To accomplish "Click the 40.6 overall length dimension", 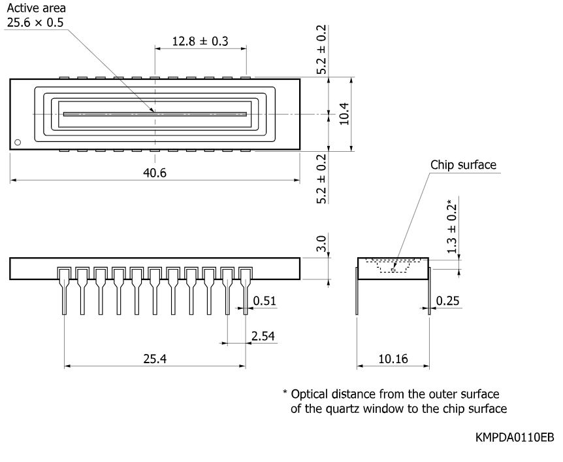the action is (x=155, y=173).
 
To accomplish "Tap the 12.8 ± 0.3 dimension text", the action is (x=200, y=41).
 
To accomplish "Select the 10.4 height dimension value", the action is (x=344, y=114).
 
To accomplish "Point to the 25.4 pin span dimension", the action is (x=155, y=359).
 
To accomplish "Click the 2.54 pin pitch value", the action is (x=263, y=336).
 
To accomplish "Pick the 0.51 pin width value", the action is (x=265, y=300).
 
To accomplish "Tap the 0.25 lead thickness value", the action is (x=447, y=300).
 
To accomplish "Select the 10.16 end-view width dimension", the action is (x=393, y=359).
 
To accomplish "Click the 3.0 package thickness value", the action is (x=321, y=243).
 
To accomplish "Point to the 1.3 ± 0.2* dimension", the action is (x=452, y=226).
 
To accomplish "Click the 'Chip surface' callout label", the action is (x=463, y=165).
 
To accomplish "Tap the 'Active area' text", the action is (x=37, y=8).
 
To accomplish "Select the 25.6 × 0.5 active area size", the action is (x=35, y=22).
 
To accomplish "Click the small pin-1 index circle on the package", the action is (x=18, y=143).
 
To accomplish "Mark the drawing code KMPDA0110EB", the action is (x=515, y=437).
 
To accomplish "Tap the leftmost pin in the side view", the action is (x=64, y=291).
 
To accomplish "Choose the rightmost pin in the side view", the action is (x=246, y=291).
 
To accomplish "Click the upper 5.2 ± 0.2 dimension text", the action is (x=321, y=49).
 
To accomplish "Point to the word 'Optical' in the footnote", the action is (x=309, y=395).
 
